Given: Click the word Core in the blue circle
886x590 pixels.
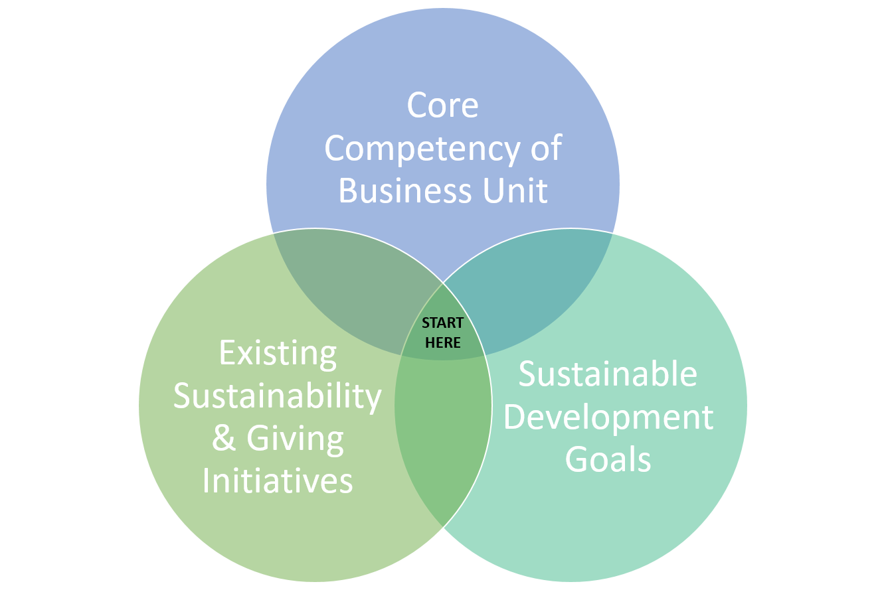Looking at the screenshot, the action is [442, 106].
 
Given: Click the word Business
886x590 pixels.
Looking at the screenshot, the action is [405, 190].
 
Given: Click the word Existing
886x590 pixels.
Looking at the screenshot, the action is [278, 354].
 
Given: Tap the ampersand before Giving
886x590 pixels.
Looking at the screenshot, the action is [224, 439].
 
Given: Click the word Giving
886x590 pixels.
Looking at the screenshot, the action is [295, 441].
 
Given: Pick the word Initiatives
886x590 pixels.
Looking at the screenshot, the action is [277, 481].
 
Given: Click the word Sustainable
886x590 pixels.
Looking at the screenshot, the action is [608, 374].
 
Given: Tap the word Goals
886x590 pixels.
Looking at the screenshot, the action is [608, 460].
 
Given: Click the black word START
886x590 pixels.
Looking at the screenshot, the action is [442, 323].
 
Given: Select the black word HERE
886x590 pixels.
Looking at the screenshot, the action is [442, 342].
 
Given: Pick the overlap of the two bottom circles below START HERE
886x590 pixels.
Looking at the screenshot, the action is [443, 427].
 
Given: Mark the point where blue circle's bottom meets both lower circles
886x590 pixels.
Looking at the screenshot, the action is [443, 283].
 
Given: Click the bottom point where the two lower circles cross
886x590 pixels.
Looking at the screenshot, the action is [443, 527].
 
